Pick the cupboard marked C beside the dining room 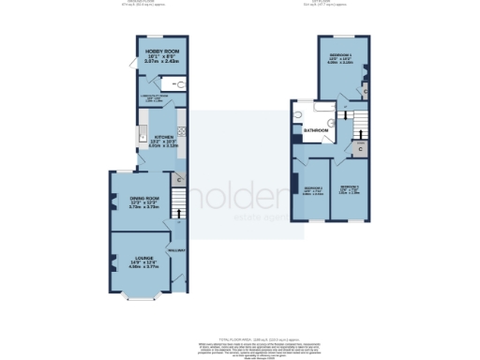point(178,178)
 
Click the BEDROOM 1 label point(339,58)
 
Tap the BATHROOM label point(315,129)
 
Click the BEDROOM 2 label point(349,187)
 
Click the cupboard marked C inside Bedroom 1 point(365,90)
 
